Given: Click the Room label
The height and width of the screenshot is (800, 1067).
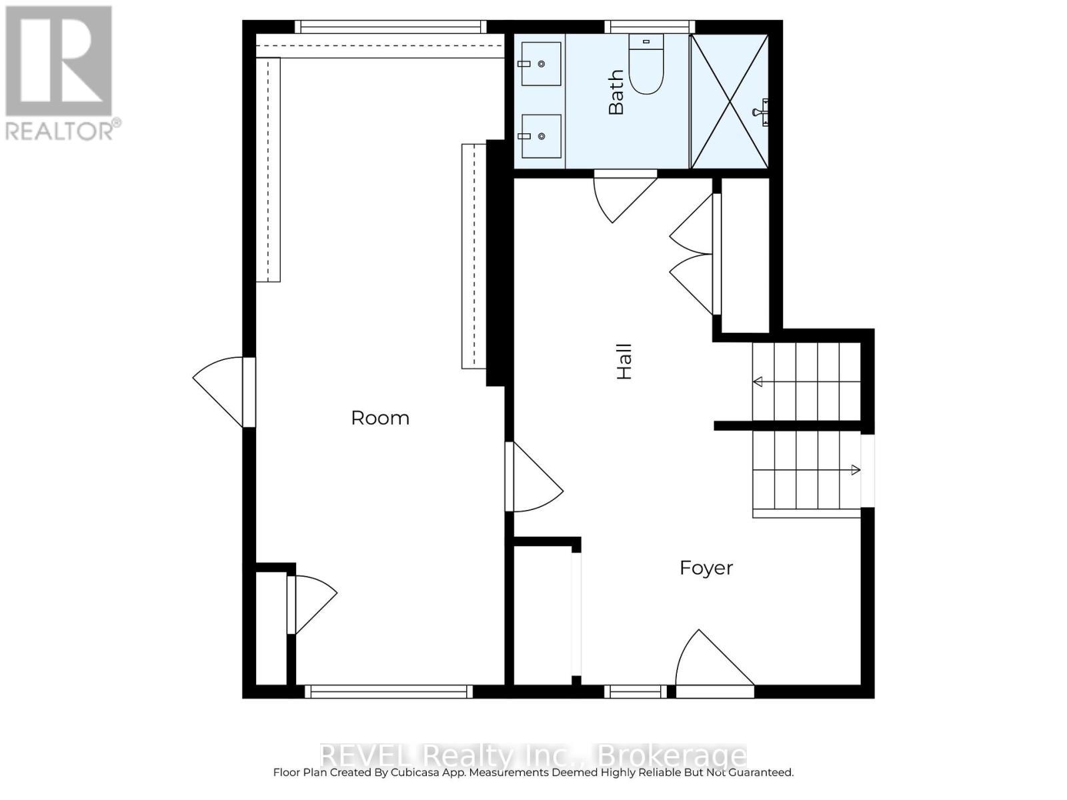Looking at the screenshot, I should click(x=380, y=418).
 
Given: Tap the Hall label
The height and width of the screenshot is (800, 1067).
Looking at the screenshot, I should click(x=624, y=362).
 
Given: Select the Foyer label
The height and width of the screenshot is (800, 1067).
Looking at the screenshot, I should click(x=706, y=568).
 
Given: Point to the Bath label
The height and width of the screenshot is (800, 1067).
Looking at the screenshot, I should click(x=616, y=93).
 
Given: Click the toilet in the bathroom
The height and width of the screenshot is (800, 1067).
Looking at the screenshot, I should click(x=646, y=66).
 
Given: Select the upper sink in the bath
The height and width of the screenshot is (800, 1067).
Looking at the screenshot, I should click(x=541, y=64).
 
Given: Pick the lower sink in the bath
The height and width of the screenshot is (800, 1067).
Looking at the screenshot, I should click(x=541, y=136).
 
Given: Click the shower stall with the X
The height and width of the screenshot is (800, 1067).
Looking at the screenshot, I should click(x=730, y=101).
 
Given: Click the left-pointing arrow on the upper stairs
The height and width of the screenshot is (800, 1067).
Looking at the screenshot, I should click(x=758, y=382).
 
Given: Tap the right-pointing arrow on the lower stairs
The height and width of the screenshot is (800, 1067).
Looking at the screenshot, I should click(x=855, y=470).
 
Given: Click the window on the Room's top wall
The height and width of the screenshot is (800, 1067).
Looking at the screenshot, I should click(x=390, y=27).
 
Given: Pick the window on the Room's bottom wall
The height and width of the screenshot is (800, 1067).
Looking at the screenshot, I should click(x=389, y=692).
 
